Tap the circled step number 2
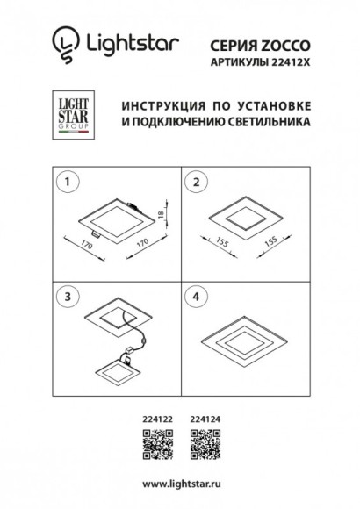click(x=198, y=182)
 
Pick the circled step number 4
click(x=198, y=295)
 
